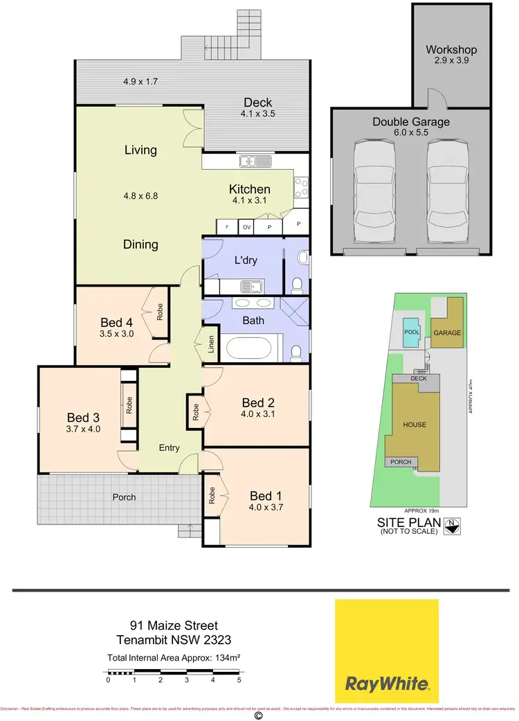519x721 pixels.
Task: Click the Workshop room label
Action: point(451,50)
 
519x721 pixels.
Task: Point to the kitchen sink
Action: point(253,161)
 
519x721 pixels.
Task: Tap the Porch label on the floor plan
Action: point(125,497)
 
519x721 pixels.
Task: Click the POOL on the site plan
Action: point(411,332)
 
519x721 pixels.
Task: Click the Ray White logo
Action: point(386,650)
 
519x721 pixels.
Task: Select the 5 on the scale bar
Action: point(239,680)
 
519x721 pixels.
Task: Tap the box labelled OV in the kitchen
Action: point(246,226)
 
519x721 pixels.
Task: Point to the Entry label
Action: point(170,448)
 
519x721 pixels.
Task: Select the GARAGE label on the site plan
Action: point(447,333)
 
